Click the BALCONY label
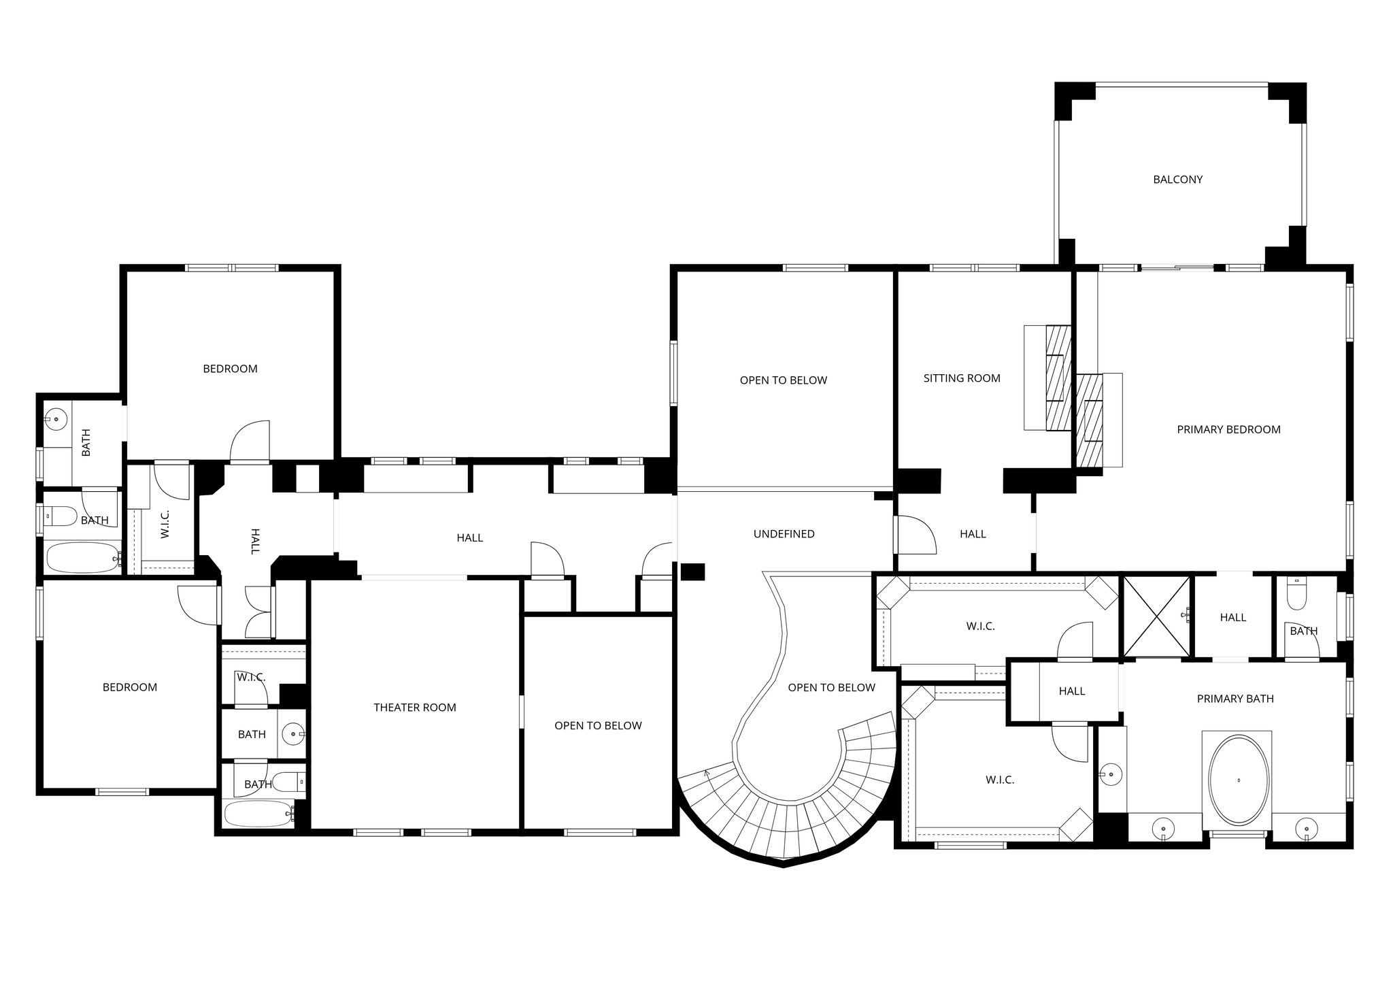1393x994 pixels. coord(1178,180)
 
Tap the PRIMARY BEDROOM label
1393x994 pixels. coord(1228,429)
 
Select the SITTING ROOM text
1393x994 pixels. coord(962,378)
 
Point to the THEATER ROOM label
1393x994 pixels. coord(415,708)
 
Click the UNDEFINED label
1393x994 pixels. coord(784,534)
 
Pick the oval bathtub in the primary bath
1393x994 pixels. coord(1239,780)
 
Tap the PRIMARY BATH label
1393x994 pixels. coord(1235,699)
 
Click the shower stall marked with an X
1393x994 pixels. coord(1156,616)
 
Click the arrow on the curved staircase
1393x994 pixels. coord(707,773)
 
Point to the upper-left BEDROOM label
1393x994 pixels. coord(230,369)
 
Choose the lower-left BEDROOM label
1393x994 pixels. coord(130,687)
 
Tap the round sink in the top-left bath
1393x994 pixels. coord(56,419)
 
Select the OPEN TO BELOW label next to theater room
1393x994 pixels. coord(598,726)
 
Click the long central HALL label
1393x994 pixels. coord(470,538)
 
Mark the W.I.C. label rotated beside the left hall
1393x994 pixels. coord(165,525)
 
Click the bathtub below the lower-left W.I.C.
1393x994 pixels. coord(258,814)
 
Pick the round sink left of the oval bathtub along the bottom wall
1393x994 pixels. coord(1163,829)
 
